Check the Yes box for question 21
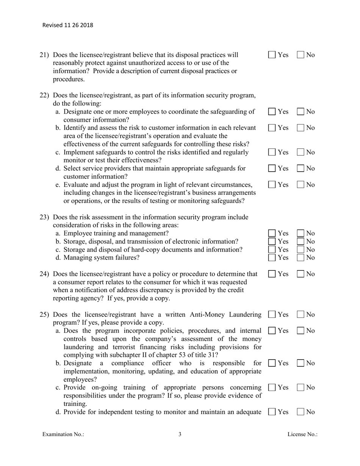click(272, 55)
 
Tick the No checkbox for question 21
click(300, 55)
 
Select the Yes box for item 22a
click(272, 112)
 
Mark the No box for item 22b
click(300, 128)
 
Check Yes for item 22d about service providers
click(272, 168)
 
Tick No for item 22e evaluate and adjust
click(300, 185)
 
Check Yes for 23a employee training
click(272, 233)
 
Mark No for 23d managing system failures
click(300, 258)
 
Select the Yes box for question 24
click(272, 274)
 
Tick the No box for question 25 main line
click(300, 314)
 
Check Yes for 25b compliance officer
click(272, 363)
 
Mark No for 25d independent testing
click(300, 412)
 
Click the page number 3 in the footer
click(180, 435)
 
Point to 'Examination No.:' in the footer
click(63, 435)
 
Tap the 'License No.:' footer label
click(302, 435)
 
